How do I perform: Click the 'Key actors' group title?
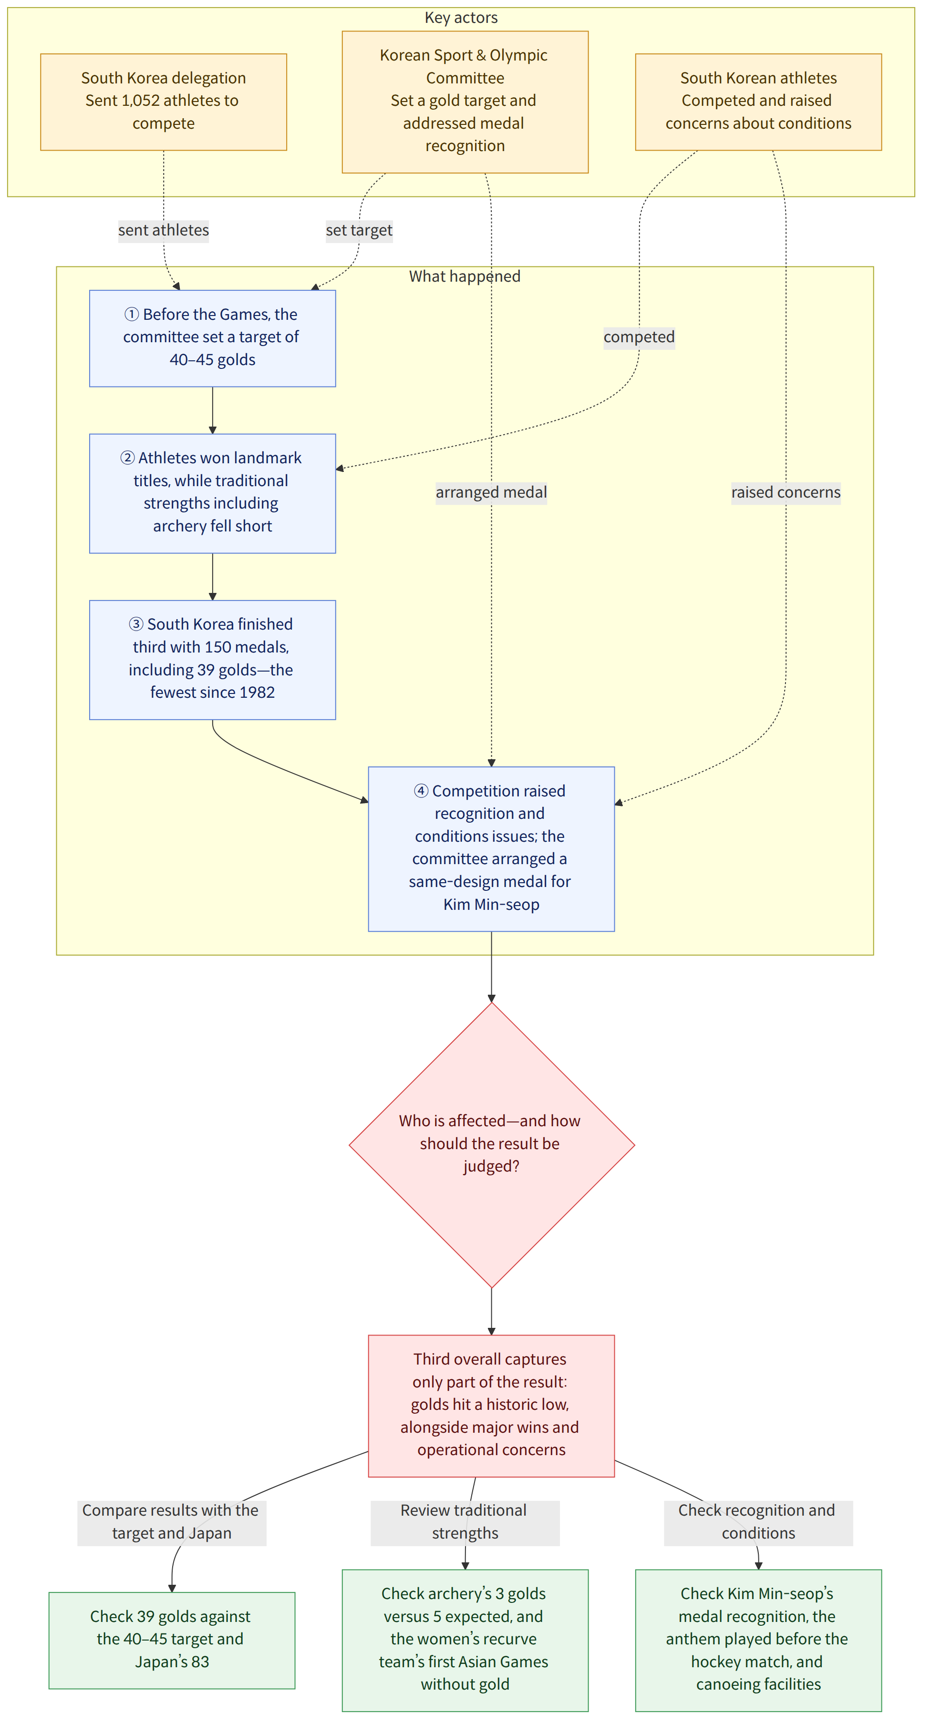coord(461,18)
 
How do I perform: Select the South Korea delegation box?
coord(164,102)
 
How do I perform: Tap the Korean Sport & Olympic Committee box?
coord(465,102)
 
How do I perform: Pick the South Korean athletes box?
coord(758,102)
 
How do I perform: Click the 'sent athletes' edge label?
coord(164,230)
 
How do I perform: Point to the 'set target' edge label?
coord(359,230)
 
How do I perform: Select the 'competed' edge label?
coord(639,337)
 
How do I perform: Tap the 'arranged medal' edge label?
coord(491,492)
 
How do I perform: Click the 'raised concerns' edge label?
coord(785,492)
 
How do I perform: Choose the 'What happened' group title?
coord(465,276)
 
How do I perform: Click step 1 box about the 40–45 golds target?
coord(213,338)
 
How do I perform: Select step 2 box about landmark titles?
coord(213,493)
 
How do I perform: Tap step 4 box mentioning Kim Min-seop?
coord(491,849)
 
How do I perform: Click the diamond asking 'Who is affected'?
coord(491,1145)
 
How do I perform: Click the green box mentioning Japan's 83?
coord(172,1640)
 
